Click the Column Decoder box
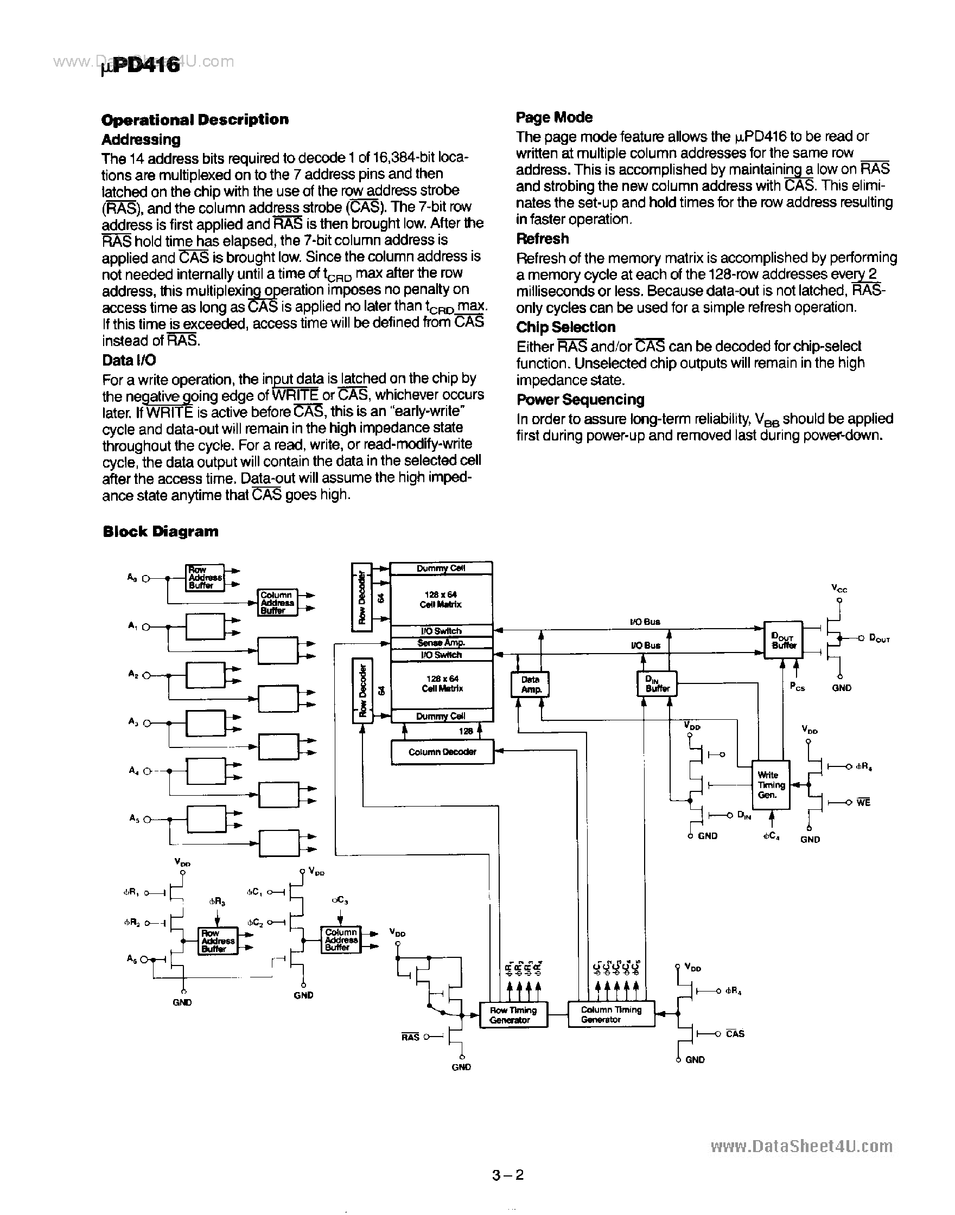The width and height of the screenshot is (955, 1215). click(442, 752)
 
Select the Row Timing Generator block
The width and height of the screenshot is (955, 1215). click(513, 1014)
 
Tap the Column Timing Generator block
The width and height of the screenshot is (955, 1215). click(610, 1014)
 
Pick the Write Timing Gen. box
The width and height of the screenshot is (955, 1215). click(771, 785)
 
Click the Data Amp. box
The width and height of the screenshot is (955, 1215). click(530, 684)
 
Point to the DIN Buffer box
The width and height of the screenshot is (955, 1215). click(657, 683)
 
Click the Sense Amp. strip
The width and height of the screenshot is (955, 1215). click(441, 643)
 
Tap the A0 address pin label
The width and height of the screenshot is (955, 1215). click(132, 577)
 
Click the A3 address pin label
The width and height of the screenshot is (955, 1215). click(132, 721)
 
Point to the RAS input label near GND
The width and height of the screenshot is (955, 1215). click(410, 1037)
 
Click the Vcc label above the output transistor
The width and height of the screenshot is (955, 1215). click(839, 589)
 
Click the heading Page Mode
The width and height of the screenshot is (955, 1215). click(553, 117)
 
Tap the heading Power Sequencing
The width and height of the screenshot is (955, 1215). click(580, 400)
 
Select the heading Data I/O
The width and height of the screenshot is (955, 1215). click(129, 361)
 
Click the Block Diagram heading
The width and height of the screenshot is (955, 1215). click(161, 532)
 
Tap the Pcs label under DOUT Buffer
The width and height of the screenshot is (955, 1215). click(797, 687)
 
